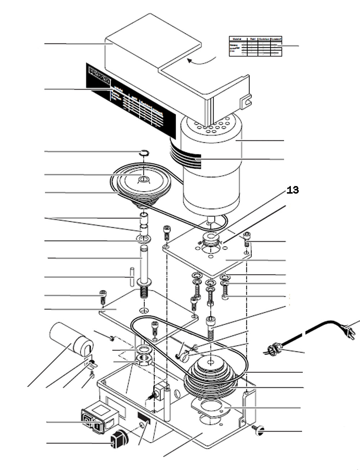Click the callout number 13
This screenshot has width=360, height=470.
point(292,190)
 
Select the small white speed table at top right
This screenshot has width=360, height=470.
point(255,46)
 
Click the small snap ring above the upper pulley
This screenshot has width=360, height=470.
point(144,153)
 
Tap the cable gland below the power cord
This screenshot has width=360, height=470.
point(274,348)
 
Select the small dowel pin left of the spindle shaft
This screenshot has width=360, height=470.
point(132,276)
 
